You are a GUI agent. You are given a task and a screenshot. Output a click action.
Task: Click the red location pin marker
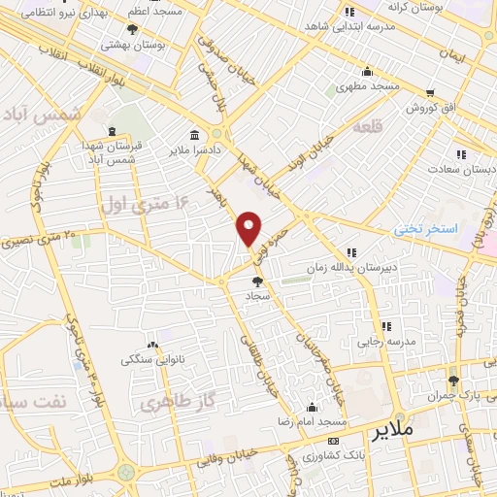click(x=249, y=228)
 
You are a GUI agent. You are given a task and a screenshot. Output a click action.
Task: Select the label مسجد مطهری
click(x=369, y=86)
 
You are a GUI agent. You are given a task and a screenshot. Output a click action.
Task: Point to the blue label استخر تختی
click(x=423, y=229)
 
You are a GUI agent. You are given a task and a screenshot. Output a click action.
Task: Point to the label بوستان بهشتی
click(x=130, y=45)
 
